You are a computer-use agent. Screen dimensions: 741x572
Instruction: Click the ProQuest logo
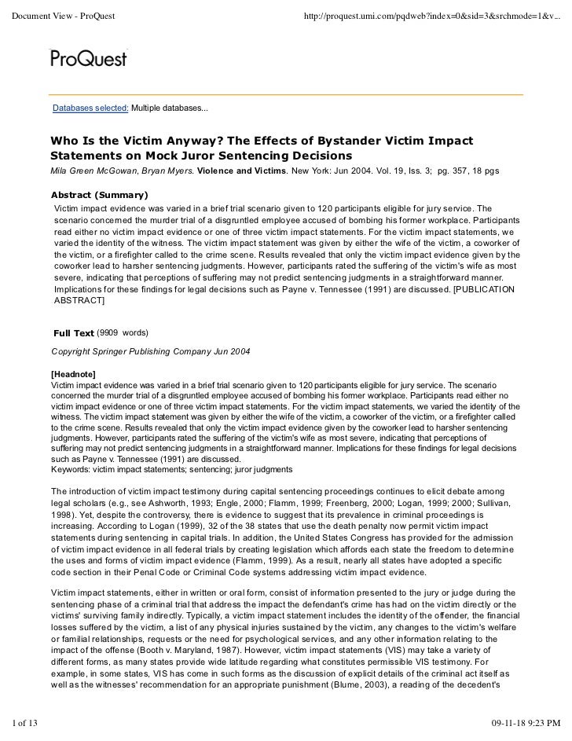pyautogui.click(x=88, y=57)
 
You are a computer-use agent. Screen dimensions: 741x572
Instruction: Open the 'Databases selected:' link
pyautogui.click(x=90, y=108)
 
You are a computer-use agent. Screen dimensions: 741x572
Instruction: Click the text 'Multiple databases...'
pyautogui.click(x=169, y=108)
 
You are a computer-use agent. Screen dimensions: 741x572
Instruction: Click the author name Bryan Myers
pyautogui.click(x=173, y=171)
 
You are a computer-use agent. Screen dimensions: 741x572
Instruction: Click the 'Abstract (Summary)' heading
pyautogui.click(x=99, y=195)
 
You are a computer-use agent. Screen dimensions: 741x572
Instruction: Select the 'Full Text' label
pyautogui.click(x=73, y=333)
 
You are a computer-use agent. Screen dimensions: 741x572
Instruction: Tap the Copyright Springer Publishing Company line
pyautogui.click(x=151, y=350)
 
